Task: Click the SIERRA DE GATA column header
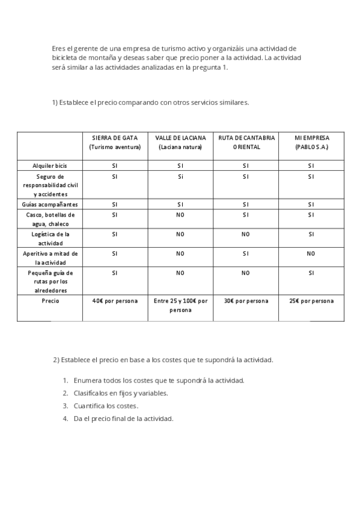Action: [115, 142]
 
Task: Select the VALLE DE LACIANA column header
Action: [180, 142]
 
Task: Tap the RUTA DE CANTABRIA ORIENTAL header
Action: [246, 142]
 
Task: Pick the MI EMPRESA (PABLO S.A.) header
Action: [311, 142]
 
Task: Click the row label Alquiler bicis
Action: [50, 165]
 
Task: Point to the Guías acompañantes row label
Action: [50, 204]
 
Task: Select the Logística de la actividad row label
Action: [50, 238]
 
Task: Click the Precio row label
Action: [50, 301]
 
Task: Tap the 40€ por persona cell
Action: [115, 301]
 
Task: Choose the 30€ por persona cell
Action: [246, 301]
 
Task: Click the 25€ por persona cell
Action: [311, 301]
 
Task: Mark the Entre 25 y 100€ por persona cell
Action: [180, 305]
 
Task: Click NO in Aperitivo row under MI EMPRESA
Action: [311, 254]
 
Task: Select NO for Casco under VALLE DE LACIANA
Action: [180, 215]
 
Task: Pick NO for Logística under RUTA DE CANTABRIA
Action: [246, 234]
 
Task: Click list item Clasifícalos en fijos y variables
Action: [121, 393]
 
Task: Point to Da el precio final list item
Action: [123, 418]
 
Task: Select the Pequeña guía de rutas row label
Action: [50, 281]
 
